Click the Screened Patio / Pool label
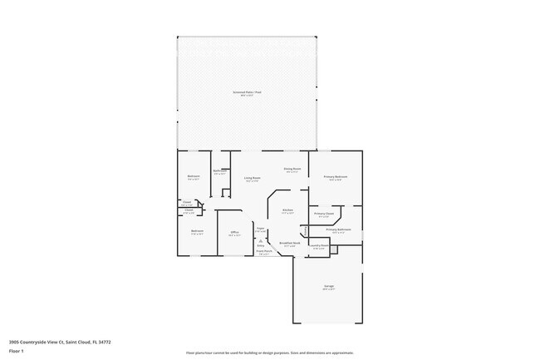click(x=247, y=92)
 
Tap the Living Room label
click(x=253, y=178)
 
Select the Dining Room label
click(x=292, y=169)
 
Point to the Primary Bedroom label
click(x=335, y=177)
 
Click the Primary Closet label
click(x=324, y=214)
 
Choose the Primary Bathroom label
click(x=338, y=229)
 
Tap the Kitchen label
click(x=287, y=210)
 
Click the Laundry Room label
click(x=318, y=245)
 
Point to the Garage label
click(x=329, y=286)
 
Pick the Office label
click(x=234, y=232)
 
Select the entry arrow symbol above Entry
click(x=260, y=241)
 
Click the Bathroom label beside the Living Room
click(x=220, y=171)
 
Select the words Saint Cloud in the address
click(x=81, y=341)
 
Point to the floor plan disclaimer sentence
click(x=269, y=352)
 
